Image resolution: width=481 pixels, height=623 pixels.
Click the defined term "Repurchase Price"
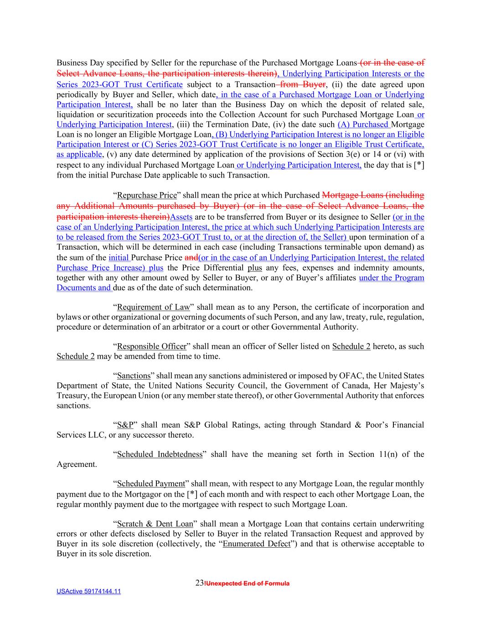coord(146,195)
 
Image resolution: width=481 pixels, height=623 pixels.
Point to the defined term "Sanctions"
coord(134,376)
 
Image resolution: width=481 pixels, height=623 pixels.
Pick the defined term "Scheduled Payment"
coord(151,484)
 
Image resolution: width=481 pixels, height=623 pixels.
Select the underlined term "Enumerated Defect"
coord(256,544)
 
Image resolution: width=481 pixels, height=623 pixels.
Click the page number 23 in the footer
coord(199,583)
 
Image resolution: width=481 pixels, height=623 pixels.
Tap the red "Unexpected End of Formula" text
coord(247,584)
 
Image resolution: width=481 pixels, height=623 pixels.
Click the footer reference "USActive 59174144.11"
coord(88,592)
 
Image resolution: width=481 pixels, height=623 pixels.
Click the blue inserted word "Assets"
coord(181,217)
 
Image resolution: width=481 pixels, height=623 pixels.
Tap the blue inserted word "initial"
coord(119,257)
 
